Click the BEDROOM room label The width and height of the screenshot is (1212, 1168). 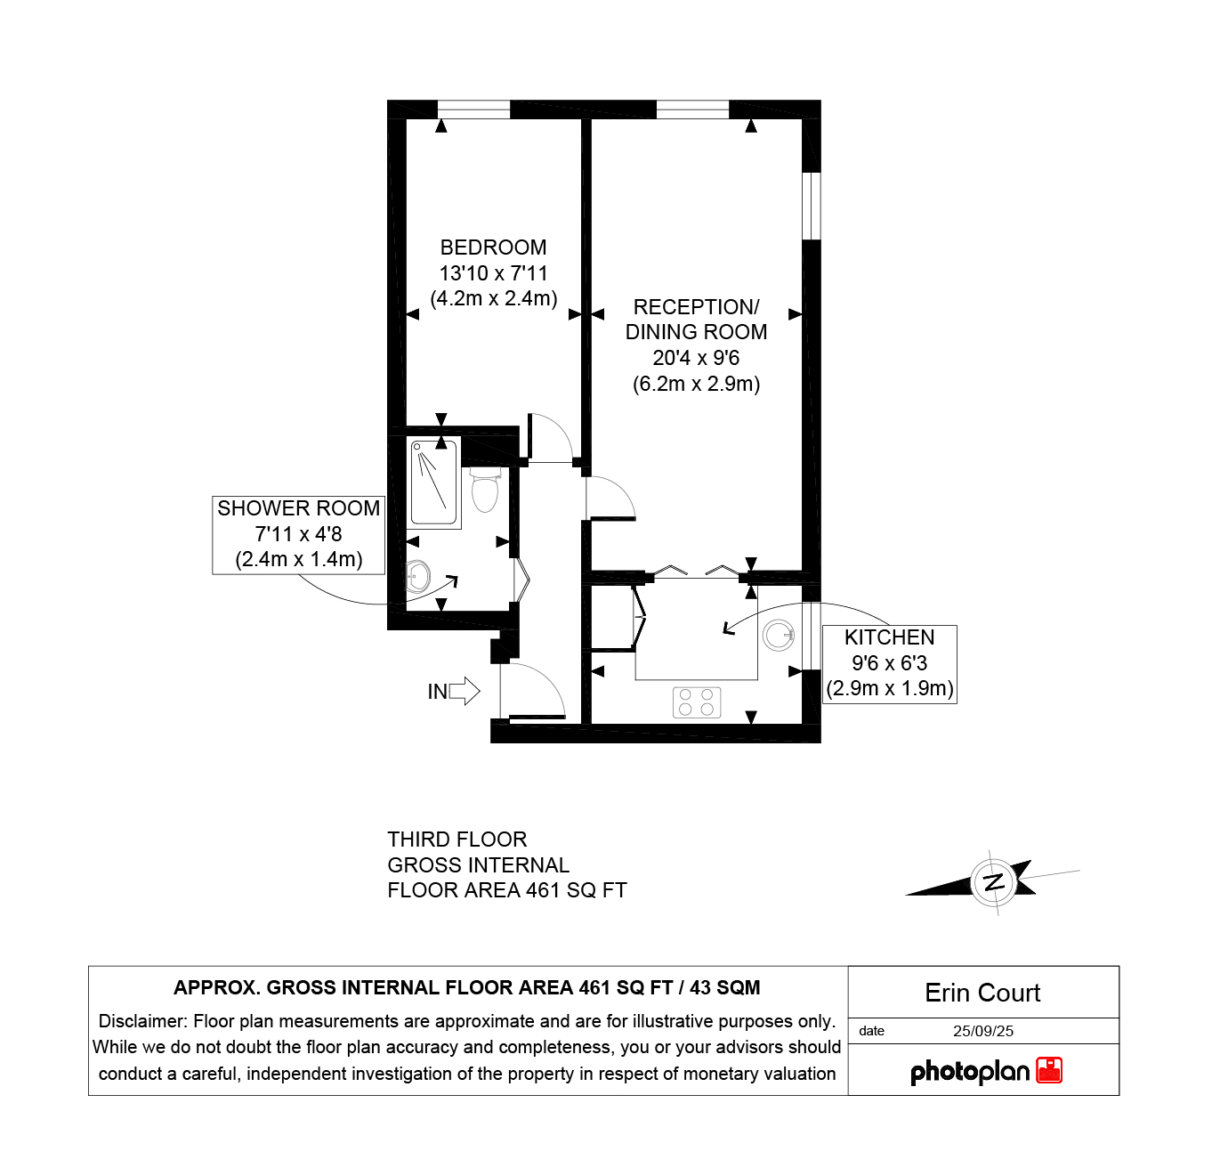(493, 247)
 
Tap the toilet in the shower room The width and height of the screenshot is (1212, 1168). (485, 489)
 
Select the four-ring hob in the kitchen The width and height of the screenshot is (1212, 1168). (696, 702)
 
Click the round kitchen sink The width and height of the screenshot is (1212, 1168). (779, 636)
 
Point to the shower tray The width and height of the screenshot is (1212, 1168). (434, 483)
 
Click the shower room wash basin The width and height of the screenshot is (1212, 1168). (416, 576)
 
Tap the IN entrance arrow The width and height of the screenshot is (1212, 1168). (464, 691)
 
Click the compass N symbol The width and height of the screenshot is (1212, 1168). (993, 882)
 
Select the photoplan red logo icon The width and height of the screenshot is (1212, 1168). (1049, 1071)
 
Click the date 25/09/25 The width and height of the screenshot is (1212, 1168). (982, 1031)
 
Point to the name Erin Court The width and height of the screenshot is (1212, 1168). (982, 993)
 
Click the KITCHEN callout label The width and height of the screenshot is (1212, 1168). (889, 664)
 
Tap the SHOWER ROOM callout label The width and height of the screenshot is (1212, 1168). (298, 534)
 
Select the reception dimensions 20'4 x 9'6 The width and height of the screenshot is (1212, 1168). (696, 358)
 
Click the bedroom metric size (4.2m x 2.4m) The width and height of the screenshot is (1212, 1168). (493, 298)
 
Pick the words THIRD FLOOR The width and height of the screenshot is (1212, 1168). (457, 839)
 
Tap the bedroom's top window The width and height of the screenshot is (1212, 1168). (473, 109)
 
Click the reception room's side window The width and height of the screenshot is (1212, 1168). (811, 206)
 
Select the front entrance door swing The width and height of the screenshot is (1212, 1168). (532, 691)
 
